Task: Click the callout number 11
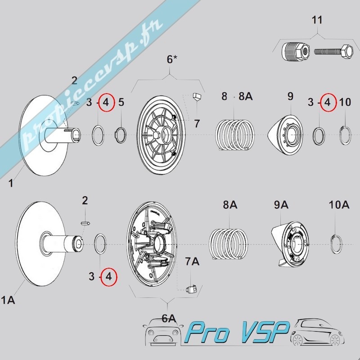click(x=317, y=20)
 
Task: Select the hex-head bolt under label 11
click(x=333, y=52)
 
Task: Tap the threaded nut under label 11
click(x=296, y=52)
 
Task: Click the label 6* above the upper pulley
click(x=172, y=59)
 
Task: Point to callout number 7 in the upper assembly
click(x=197, y=123)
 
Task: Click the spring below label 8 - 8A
click(x=235, y=135)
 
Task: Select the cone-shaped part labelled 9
click(x=285, y=135)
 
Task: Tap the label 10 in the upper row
click(x=345, y=102)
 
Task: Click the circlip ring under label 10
click(x=345, y=135)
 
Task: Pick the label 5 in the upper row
click(x=121, y=102)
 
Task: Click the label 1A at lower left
click(x=8, y=300)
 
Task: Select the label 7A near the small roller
click(x=192, y=261)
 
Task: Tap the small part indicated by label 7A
click(x=191, y=289)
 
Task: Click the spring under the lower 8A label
click(x=229, y=244)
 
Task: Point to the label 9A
click(x=281, y=205)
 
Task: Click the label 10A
click(x=339, y=205)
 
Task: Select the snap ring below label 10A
click(x=336, y=244)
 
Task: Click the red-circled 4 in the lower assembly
click(x=108, y=276)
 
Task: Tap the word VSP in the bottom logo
click(x=265, y=332)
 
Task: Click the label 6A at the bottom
click(x=169, y=319)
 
